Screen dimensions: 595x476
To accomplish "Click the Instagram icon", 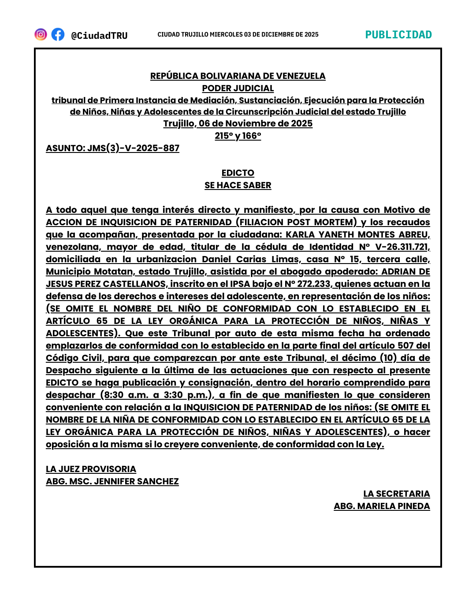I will (41, 34).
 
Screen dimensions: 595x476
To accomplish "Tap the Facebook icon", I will (58, 34).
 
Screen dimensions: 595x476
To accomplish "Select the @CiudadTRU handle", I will (99, 35).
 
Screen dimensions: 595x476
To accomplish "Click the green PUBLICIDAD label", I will (398, 35).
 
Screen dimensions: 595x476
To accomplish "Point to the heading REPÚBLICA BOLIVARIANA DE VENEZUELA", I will (238, 76).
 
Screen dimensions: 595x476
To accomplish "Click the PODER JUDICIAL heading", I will (238, 88).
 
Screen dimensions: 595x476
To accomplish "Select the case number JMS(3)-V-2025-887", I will (133, 148).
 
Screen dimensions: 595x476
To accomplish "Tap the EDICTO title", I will (238, 173).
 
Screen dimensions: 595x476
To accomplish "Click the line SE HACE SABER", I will (238, 185).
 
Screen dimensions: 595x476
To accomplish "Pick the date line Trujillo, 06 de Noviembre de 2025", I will (238, 123).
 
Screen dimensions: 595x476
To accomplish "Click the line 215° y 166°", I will (238, 136).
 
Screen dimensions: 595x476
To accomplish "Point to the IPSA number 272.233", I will (314, 284).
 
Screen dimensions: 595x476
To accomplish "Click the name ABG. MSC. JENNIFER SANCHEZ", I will (112, 481).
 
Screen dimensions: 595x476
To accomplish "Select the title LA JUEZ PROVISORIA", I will (91, 469).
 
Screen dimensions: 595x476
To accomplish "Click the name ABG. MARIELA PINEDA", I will (382, 506).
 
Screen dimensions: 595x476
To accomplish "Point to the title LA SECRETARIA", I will (397, 494).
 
